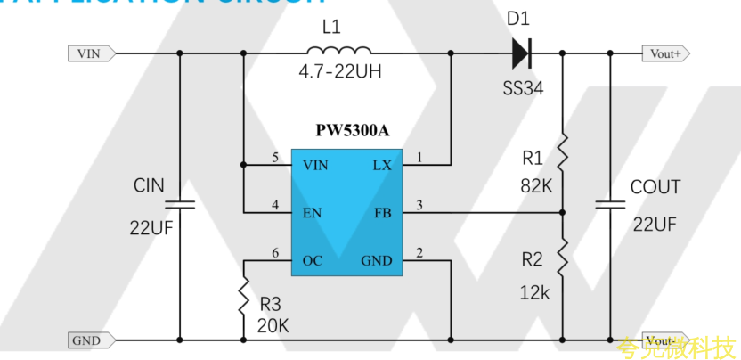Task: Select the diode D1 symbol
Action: [522, 53]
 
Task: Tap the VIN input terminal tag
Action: [90, 53]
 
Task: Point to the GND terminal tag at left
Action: [87, 340]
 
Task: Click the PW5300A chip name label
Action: [353, 131]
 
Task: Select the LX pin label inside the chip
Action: [380, 165]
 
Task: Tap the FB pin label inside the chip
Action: [382, 213]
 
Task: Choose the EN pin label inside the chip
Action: [313, 213]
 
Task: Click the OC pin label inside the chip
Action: [313, 260]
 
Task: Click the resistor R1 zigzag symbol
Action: [562, 152]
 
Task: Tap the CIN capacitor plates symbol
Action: [180, 204]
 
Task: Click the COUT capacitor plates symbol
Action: [611, 204]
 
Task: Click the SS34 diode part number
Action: [522, 89]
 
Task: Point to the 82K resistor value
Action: [537, 186]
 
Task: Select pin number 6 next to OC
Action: [276, 253]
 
